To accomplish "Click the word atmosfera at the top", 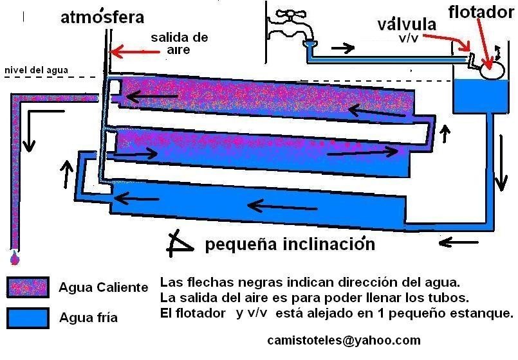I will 102,17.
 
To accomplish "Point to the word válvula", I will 407,25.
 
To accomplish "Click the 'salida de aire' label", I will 180,44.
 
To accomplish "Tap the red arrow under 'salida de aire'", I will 133,51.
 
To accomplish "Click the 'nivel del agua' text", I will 36,70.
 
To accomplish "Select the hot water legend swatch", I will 28,287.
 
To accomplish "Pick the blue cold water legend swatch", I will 28,318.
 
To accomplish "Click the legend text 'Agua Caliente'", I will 104,287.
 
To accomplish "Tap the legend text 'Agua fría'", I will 88,317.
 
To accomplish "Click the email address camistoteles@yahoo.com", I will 344,340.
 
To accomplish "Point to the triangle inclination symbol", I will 180,242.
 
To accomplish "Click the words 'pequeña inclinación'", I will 290,244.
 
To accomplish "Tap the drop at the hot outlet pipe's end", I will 14,258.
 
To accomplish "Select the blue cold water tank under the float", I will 482,95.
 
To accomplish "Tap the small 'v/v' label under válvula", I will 407,38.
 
